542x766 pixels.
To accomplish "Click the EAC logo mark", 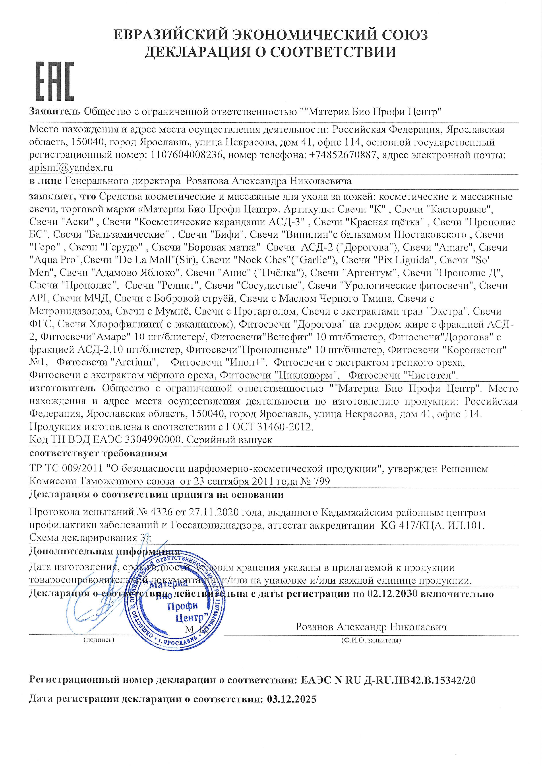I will point(54,82).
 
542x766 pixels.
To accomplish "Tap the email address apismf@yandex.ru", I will point(71,168).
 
